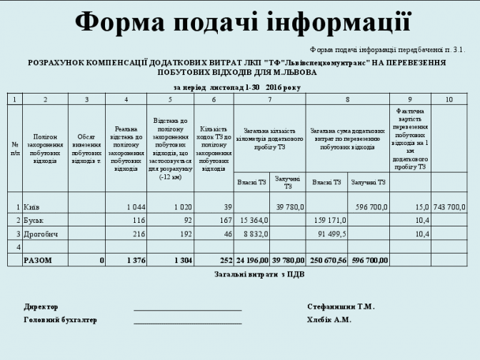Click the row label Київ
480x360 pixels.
point(32,206)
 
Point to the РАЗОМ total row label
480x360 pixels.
point(38,261)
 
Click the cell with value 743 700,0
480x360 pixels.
point(449,206)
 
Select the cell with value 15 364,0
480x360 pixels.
point(254,220)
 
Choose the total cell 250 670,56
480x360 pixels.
point(327,261)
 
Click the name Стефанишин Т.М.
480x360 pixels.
point(341,306)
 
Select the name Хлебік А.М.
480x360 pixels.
point(329,319)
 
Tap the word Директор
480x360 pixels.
point(41,306)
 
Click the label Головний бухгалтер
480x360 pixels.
point(61,319)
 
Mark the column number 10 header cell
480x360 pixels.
point(449,99)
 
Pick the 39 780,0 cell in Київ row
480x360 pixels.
point(289,206)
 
